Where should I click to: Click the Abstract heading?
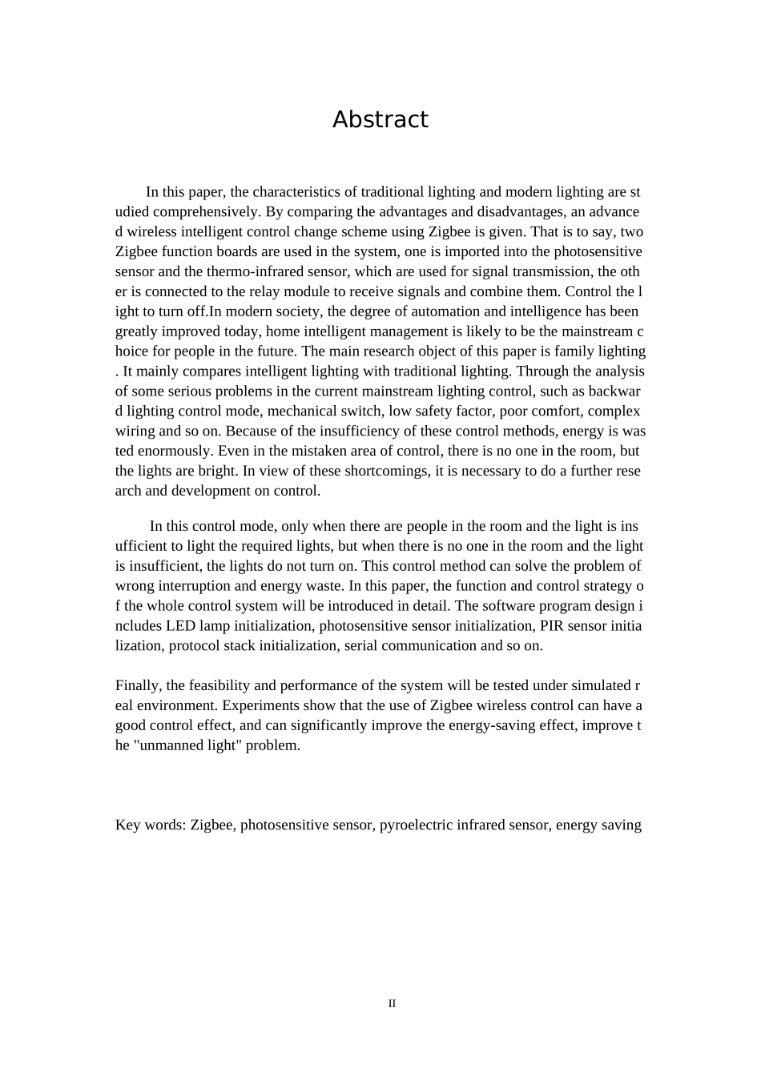tap(380, 119)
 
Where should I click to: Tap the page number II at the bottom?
tap(392, 1003)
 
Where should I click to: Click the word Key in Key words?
tap(128, 825)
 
